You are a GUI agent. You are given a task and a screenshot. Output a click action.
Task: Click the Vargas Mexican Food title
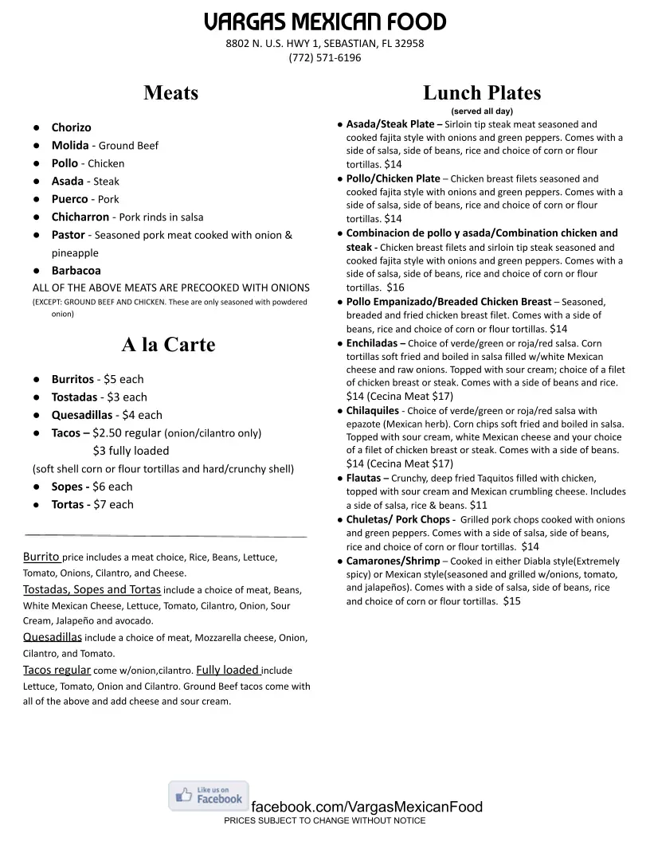pyautogui.click(x=324, y=21)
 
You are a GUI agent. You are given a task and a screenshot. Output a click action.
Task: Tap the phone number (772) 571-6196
pyautogui.click(x=324, y=57)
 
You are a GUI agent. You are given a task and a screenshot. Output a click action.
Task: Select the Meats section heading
pyautogui.click(x=170, y=93)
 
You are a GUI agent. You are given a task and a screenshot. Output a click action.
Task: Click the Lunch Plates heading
pyautogui.click(x=481, y=93)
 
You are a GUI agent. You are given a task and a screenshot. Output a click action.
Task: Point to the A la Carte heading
pyautogui.click(x=168, y=345)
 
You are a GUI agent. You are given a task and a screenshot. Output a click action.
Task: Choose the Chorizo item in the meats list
pyautogui.click(x=71, y=127)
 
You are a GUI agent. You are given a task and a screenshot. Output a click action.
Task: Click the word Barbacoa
pyautogui.click(x=76, y=271)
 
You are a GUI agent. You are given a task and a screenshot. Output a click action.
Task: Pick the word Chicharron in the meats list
pyautogui.click(x=80, y=217)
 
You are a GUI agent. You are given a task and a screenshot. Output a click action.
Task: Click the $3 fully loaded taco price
pyautogui.click(x=131, y=451)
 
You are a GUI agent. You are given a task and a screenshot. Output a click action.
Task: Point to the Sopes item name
pyautogui.click(x=67, y=487)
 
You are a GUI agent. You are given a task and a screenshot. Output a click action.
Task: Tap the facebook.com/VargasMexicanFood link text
pyautogui.click(x=366, y=807)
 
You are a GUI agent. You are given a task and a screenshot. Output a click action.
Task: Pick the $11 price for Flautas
pyautogui.click(x=479, y=505)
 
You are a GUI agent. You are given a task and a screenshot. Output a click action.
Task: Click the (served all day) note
pyautogui.click(x=481, y=111)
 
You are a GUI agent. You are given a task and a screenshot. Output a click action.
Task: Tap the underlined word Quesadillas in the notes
pyautogui.click(x=53, y=637)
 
